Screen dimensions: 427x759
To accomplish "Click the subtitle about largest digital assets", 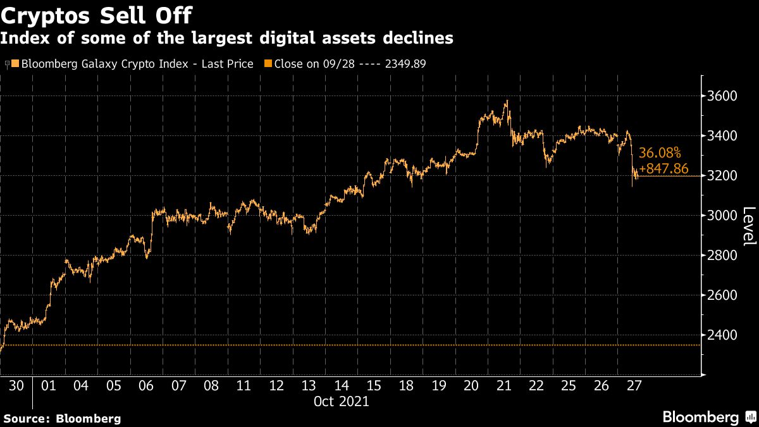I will (x=226, y=39).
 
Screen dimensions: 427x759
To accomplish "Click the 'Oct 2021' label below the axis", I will (x=341, y=401).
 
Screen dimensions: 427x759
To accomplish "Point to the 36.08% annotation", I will (x=660, y=153).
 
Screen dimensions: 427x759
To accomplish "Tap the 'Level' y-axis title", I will (x=748, y=226).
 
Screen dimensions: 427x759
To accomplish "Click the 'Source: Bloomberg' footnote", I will (x=62, y=418).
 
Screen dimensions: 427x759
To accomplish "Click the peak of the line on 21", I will (x=507, y=100).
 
